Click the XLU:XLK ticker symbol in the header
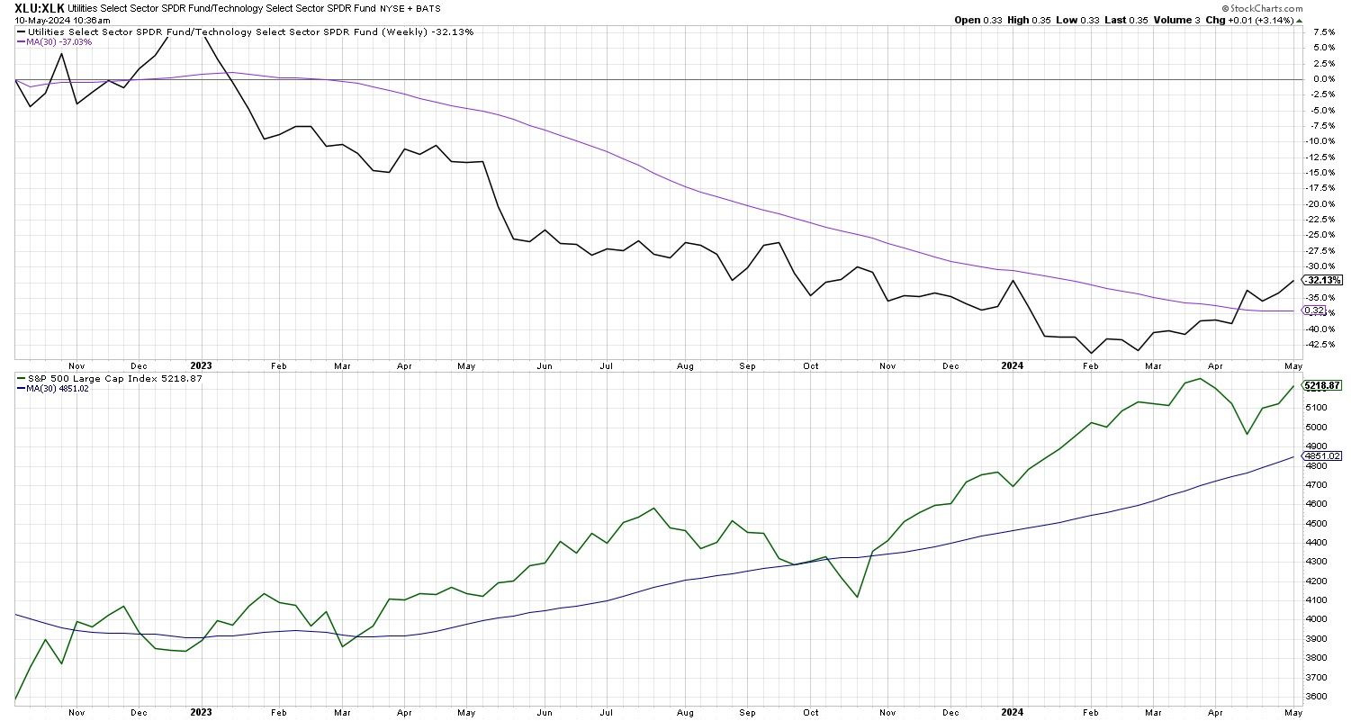pyautogui.click(x=39, y=7)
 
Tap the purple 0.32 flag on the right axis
pyautogui.click(x=1314, y=311)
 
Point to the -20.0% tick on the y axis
pyautogui.click(x=1318, y=203)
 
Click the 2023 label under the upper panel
pyautogui.click(x=201, y=365)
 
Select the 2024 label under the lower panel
pyautogui.click(x=1012, y=713)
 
